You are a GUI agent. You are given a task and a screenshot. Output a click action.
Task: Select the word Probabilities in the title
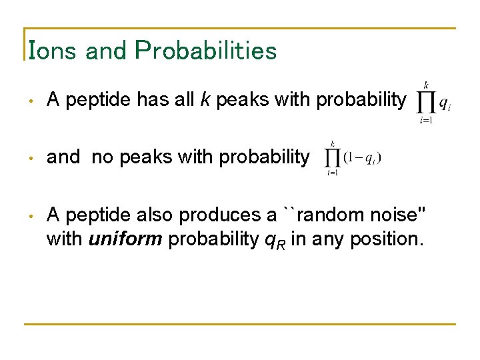(x=205, y=51)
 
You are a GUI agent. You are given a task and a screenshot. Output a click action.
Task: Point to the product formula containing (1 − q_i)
(x=353, y=157)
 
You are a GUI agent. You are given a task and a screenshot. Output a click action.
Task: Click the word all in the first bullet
(x=181, y=100)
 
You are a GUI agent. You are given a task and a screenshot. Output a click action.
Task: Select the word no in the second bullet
(x=102, y=157)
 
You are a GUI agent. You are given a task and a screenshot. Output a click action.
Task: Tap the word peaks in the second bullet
(x=141, y=157)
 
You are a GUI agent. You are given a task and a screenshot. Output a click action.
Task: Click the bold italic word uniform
(x=125, y=239)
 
